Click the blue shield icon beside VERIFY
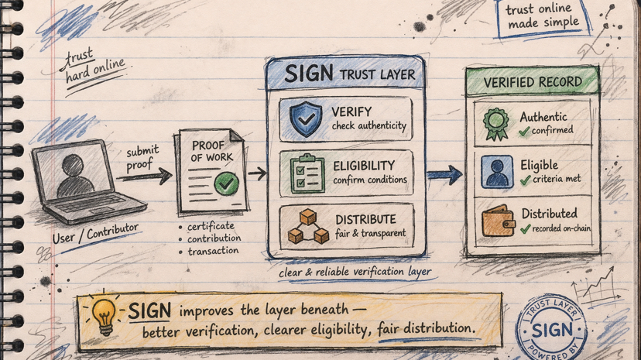point(303,118)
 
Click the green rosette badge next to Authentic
point(495,123)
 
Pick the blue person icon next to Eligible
point(495,172)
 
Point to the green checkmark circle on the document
point(226,183)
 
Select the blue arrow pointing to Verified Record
point(444,173)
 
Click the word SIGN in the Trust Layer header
point(309,74)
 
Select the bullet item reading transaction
point(213,251)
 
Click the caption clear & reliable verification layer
point(355,271)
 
